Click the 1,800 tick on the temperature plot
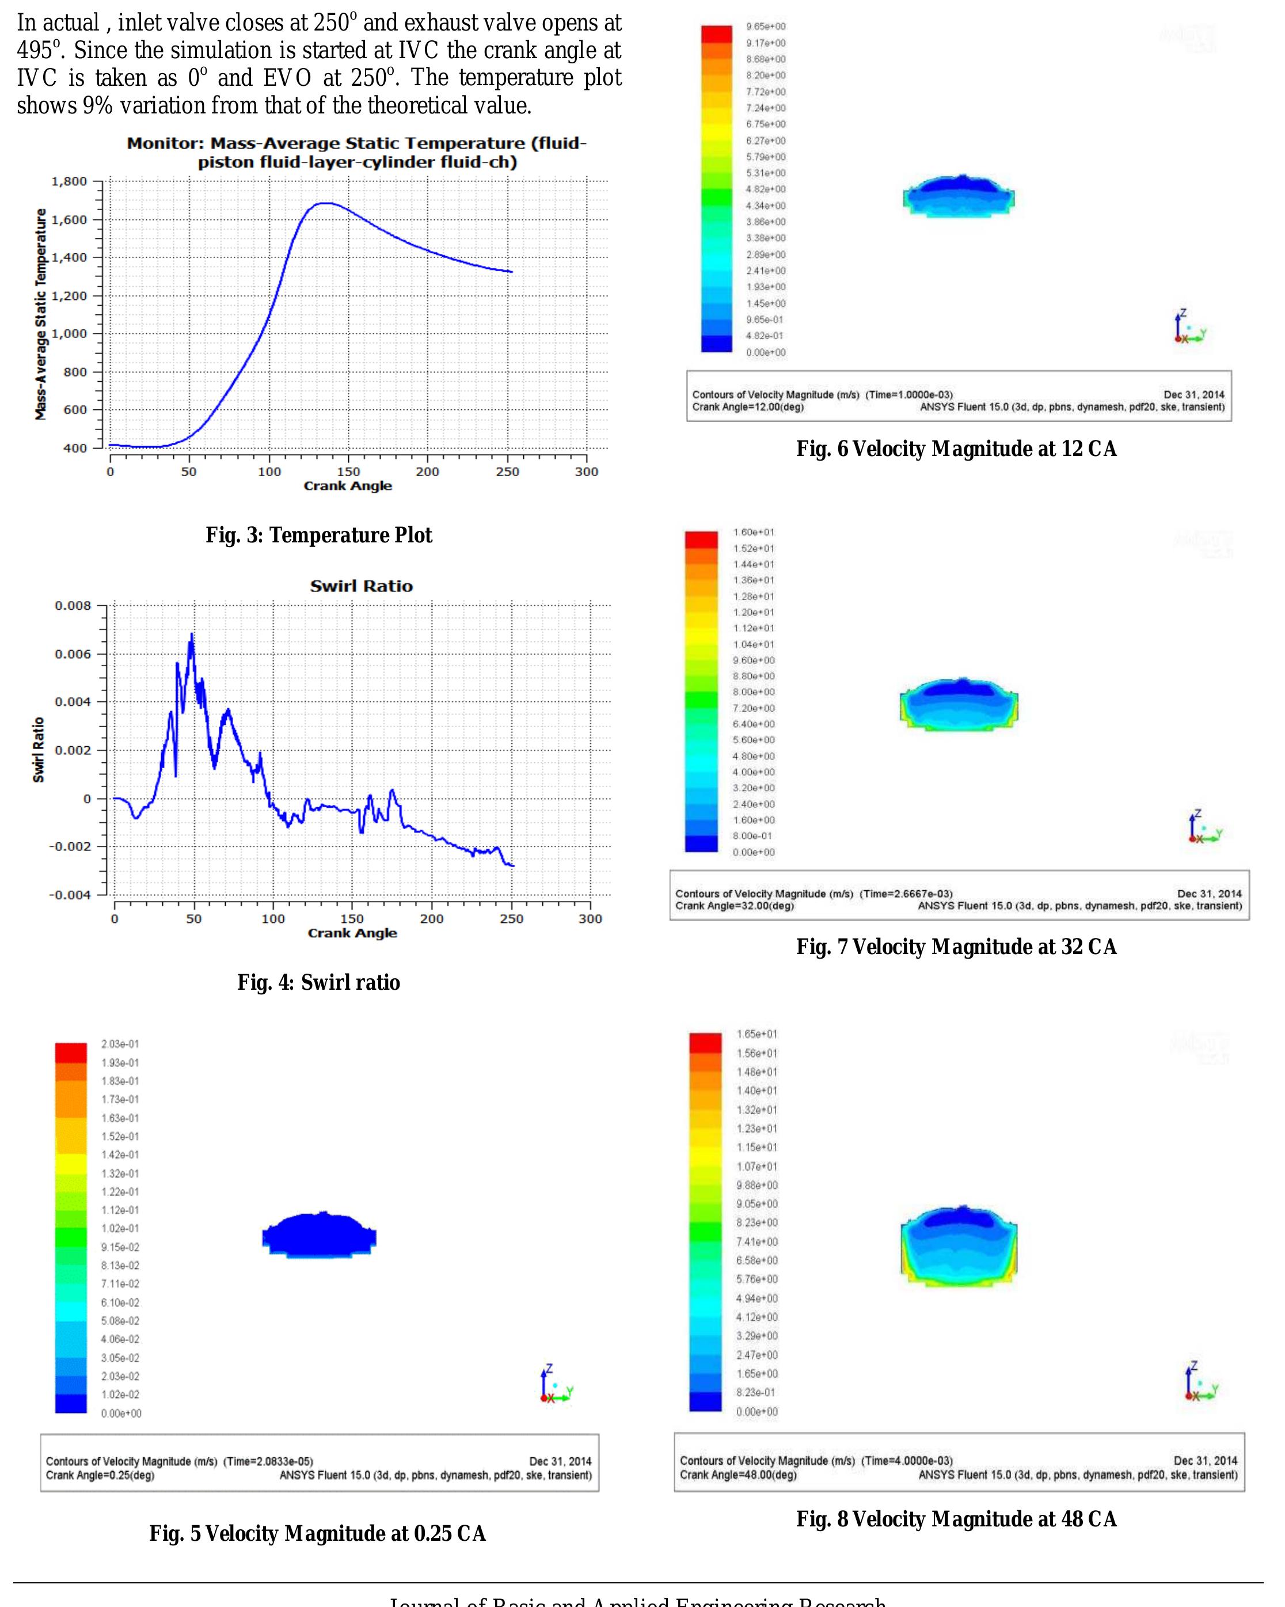tap(69, 181)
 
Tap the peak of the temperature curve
tap(326, 203)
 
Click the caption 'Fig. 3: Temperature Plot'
tap(318, 535)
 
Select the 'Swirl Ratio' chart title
tap(361, 586)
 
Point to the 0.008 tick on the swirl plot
tap(73, 605)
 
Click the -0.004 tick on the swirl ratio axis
tap(70, 894)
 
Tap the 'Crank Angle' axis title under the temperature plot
tap(347, 486)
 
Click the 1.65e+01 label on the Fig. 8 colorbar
tap(756, 1034)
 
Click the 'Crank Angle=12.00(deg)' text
tap(748, 407)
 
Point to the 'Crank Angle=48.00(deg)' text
tap(738, 1475)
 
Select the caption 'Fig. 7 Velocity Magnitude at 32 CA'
tap(956, 947)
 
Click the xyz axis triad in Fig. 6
tap(1189, 328)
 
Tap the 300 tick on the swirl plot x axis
tap(590, 919)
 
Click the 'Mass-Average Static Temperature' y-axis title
tap(40, 314)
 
